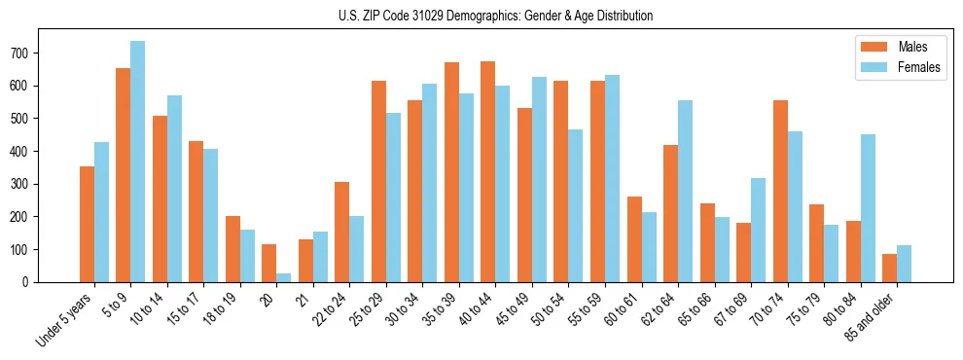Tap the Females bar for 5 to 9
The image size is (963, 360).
pyautogui.click(x=137, y=162)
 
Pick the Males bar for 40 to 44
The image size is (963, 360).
pyautogui.click(x=487, y=172)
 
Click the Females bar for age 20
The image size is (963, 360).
pyautogui.click(x=283, y=277)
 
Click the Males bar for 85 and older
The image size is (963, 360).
pyautogui.click(x=889, y=268)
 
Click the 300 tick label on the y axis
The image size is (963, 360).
pyautogui.click(x=26, y=184)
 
